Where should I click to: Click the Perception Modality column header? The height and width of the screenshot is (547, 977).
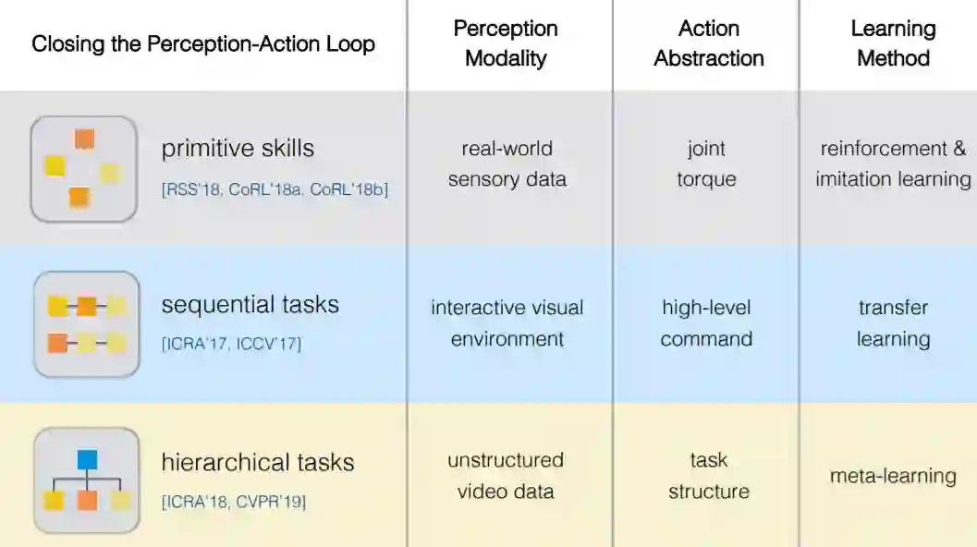(506, 43)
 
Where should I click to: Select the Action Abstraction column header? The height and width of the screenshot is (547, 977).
(709, 43)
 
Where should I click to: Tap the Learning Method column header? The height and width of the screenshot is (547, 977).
(893, 43)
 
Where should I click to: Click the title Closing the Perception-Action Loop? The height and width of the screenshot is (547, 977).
(203, 44)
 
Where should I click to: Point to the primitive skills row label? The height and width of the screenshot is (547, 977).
(238, 148)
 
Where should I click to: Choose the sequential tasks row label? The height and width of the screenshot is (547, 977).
(250, 305)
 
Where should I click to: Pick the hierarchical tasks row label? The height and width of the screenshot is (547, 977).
(258, 462)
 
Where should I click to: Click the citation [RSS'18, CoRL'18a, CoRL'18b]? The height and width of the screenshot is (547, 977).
(275, 190)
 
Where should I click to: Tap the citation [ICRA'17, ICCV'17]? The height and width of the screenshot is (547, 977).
(231, 345)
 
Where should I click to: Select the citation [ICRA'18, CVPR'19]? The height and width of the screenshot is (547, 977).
(234, 503)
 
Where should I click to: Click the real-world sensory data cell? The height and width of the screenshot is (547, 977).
(507, 164)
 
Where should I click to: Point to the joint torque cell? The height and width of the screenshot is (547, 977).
(706, 164)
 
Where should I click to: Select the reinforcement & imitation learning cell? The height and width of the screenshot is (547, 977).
(893, 164)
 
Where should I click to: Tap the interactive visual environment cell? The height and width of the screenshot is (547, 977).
(507, 322)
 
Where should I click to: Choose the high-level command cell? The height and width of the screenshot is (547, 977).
(706, 322)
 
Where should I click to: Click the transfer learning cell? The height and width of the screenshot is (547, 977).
(893, 322)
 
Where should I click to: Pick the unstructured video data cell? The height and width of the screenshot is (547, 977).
(506, 475)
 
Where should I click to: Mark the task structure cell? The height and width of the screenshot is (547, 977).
(709, 475)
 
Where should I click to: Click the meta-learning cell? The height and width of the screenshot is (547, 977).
(893, 477)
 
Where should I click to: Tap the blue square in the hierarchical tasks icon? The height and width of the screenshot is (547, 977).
(87, 459)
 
